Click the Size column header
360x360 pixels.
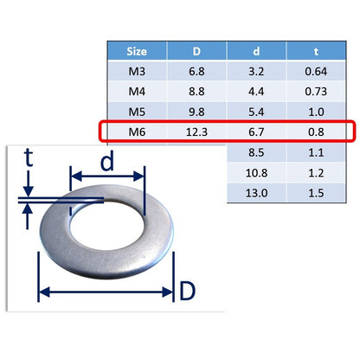tap(137, 51)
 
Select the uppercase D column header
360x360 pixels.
tap(196, 51)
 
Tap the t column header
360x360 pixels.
tap(316, 51)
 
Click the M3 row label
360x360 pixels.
tap(137, 71)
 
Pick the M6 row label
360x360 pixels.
tap(137, 132)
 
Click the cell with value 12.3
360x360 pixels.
tap(196, 132)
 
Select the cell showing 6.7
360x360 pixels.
tap(256, 132)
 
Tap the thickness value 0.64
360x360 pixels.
tap(316, 71)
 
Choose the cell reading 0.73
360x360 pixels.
tap(316, 92)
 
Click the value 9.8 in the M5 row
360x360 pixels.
tap(196, 112)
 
